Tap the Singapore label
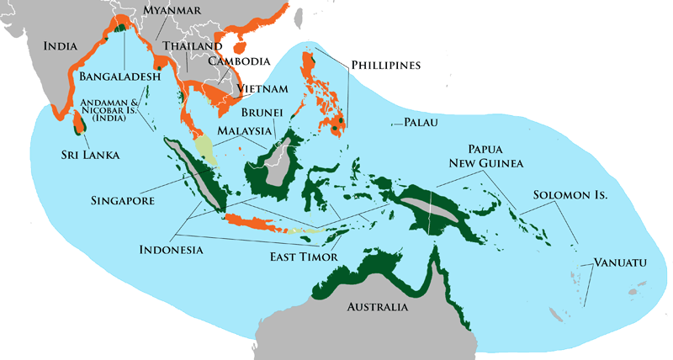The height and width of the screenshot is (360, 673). [125, 201]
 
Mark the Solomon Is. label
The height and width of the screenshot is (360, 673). [570, 195]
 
